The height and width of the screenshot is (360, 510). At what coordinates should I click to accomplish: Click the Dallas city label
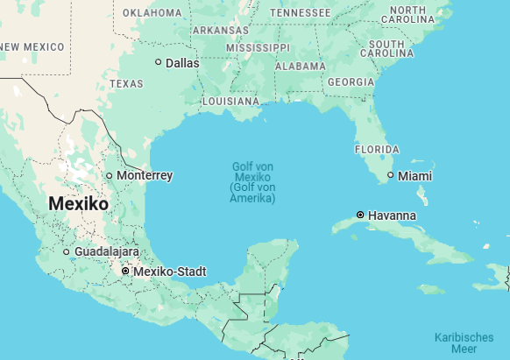point(182,63)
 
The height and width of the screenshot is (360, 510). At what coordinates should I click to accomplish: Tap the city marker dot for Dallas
point(159,62)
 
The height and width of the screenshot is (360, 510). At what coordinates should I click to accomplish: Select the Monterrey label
point(145,175)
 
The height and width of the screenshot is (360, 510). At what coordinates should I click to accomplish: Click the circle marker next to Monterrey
point(110,175)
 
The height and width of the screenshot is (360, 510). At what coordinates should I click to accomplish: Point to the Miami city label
point(414,176)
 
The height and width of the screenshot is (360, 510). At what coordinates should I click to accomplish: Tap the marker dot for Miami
point(391,176)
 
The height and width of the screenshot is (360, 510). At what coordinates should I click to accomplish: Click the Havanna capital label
point(393,215)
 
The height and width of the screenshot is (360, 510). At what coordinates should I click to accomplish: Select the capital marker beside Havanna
point(360,215)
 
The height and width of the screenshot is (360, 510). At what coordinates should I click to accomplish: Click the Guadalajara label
point(107,251)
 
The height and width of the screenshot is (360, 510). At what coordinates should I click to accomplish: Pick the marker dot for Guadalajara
point(67,252)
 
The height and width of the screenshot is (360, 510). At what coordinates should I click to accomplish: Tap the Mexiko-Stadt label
point(170,272)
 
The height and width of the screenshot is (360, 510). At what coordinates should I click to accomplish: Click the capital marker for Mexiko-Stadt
point(125,272)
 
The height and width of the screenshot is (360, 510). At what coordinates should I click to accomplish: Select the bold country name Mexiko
point(79,203)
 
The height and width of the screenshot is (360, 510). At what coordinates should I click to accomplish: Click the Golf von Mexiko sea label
point(252,182)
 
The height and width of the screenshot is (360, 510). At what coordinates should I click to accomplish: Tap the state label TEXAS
point(126,84)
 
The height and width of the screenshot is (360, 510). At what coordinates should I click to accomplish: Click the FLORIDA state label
point(376,150)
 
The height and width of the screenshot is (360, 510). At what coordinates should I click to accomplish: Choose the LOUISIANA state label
point(230,102)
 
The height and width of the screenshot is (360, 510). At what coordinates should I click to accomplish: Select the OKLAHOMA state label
point(152,13)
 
